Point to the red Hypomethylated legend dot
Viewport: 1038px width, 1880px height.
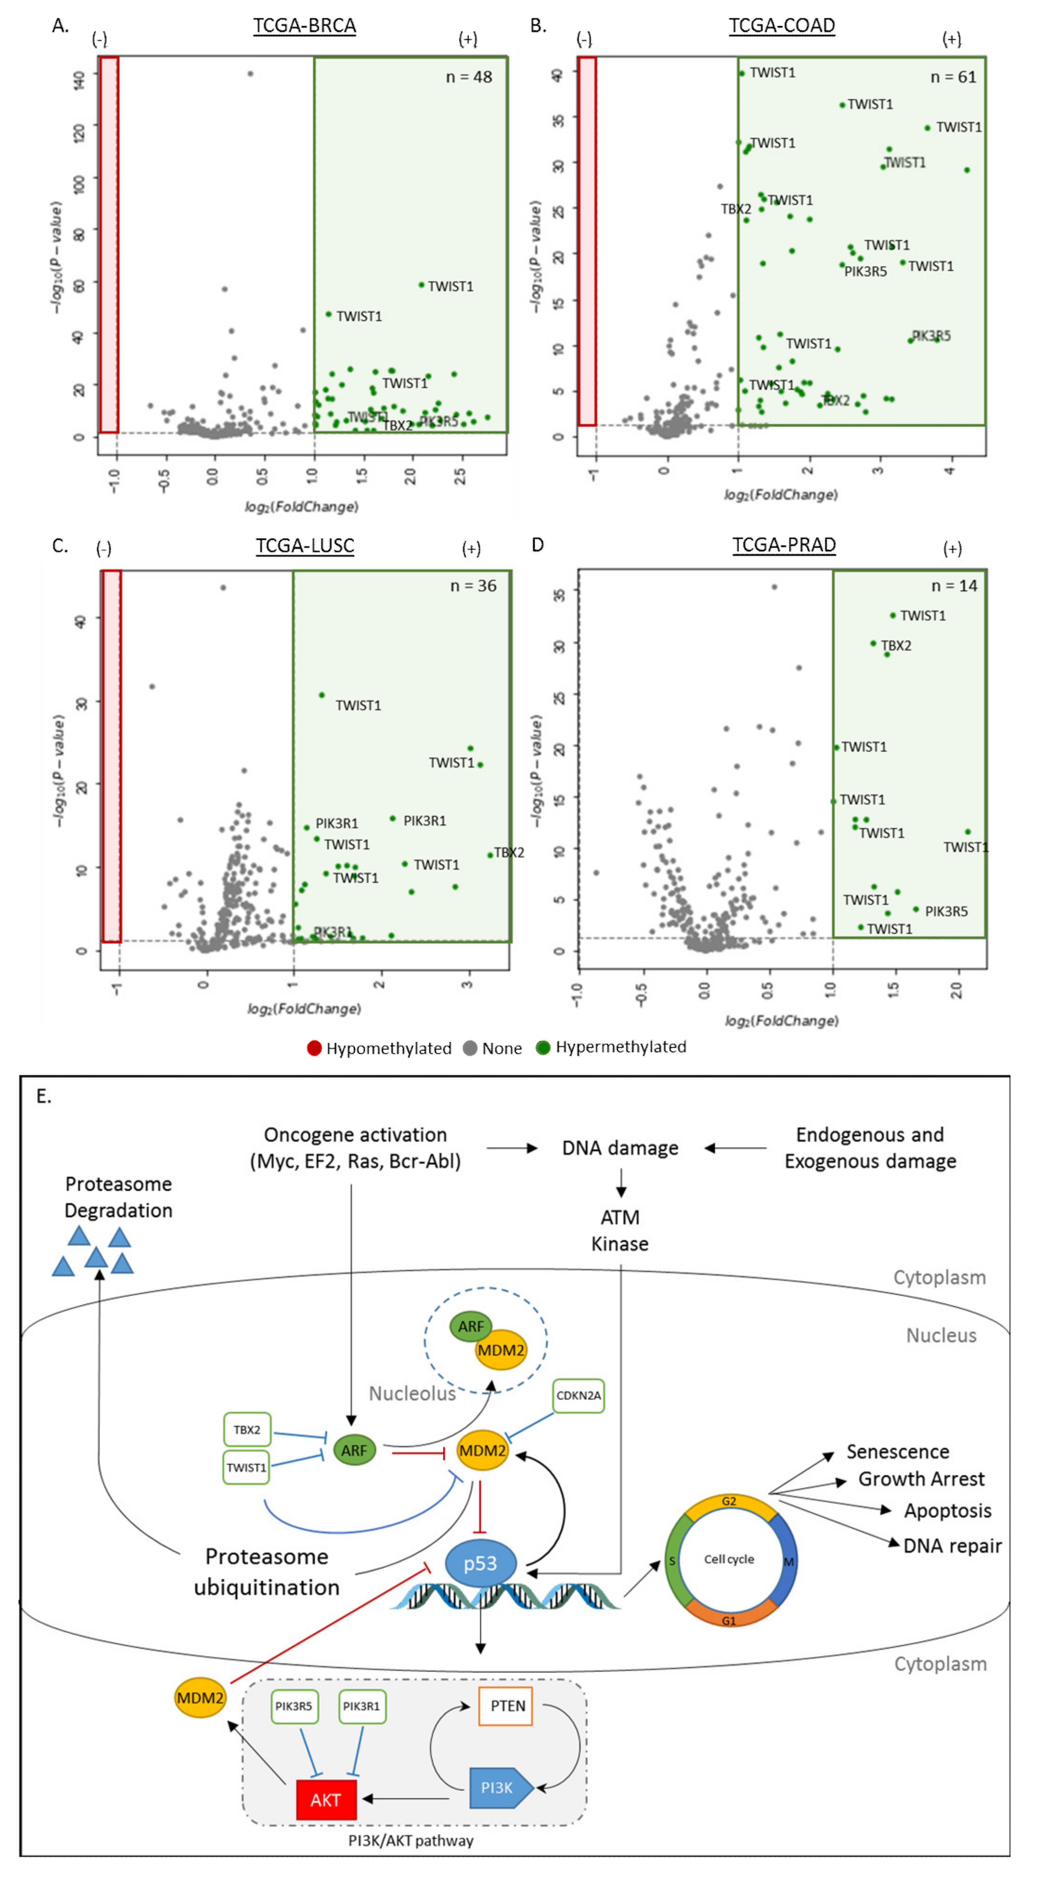coord(315,1048)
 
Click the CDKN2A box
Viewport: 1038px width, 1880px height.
coord(578,1396)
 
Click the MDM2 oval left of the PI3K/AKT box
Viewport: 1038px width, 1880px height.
coord(200,1697)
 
